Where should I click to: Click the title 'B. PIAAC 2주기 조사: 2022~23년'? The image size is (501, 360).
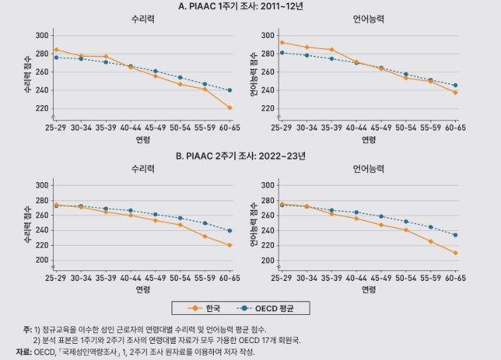(250, 156)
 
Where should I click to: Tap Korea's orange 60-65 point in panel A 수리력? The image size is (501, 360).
(230, 108)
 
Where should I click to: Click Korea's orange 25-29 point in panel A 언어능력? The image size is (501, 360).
(282, 42)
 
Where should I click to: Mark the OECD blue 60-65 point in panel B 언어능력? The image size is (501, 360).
(456, 235)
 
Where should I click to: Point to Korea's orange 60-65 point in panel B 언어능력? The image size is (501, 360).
(456, 253)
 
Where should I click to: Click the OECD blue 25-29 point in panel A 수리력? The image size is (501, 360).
(56, 57)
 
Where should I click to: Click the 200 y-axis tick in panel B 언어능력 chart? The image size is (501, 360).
(267, 260)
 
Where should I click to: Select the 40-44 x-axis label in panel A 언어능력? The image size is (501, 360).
(356, 128)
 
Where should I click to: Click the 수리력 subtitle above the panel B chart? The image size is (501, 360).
(143, 169)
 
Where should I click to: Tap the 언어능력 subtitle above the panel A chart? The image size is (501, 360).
(368, 20)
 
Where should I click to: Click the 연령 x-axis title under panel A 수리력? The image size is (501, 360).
(143, 140)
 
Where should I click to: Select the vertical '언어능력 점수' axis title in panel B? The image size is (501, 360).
(254, 223)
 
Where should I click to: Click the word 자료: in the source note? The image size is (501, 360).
(23, 352)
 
